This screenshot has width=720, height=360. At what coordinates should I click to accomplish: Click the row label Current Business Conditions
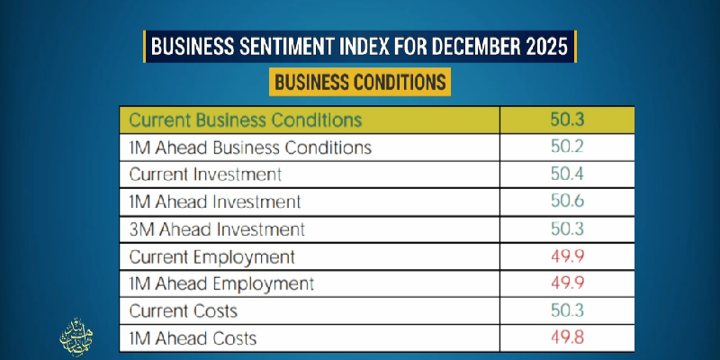tap(245, 119)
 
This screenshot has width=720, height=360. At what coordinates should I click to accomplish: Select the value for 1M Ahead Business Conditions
tap(567, 147)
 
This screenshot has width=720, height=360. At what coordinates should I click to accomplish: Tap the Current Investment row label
tap(205, 174)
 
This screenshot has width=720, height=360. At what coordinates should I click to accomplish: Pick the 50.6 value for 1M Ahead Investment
tap(567, 202)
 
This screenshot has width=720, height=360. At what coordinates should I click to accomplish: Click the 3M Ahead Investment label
tap(217, 229)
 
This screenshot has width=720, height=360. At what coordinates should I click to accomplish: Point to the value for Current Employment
tap(567, 256)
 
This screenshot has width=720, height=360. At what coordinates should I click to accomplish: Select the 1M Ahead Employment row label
tap(221, 283)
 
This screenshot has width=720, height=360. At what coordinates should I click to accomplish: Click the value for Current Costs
tap(567, 311)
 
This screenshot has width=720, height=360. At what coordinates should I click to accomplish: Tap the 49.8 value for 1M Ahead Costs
tap(567, 338)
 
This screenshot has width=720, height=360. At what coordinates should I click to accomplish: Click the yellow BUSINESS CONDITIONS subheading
tap(360, 82)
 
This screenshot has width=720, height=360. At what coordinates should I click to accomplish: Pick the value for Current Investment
tap(567, 174)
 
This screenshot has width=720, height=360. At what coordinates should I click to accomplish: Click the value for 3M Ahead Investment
tap(567, 229)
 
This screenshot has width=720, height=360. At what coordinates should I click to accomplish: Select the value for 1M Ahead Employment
tap(567, 283)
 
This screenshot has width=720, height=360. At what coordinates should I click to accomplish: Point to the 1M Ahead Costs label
tap(193, 338)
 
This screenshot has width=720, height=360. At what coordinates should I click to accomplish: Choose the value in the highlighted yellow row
tap(567, 119)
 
